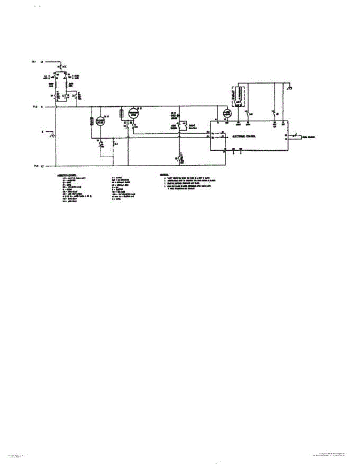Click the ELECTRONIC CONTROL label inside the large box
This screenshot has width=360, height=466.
click(243, 137)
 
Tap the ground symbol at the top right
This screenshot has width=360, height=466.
click(290, 88)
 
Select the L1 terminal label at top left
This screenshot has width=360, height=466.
click(42, 61)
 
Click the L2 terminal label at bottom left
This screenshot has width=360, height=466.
click(42, 166)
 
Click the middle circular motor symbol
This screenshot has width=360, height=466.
click(134, 113)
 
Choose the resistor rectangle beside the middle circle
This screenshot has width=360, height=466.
click(121, 113)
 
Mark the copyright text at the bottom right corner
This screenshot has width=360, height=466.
click(332, 454)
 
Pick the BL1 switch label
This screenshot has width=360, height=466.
click(115, 143)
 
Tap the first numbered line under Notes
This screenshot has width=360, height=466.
click(186, 178)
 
